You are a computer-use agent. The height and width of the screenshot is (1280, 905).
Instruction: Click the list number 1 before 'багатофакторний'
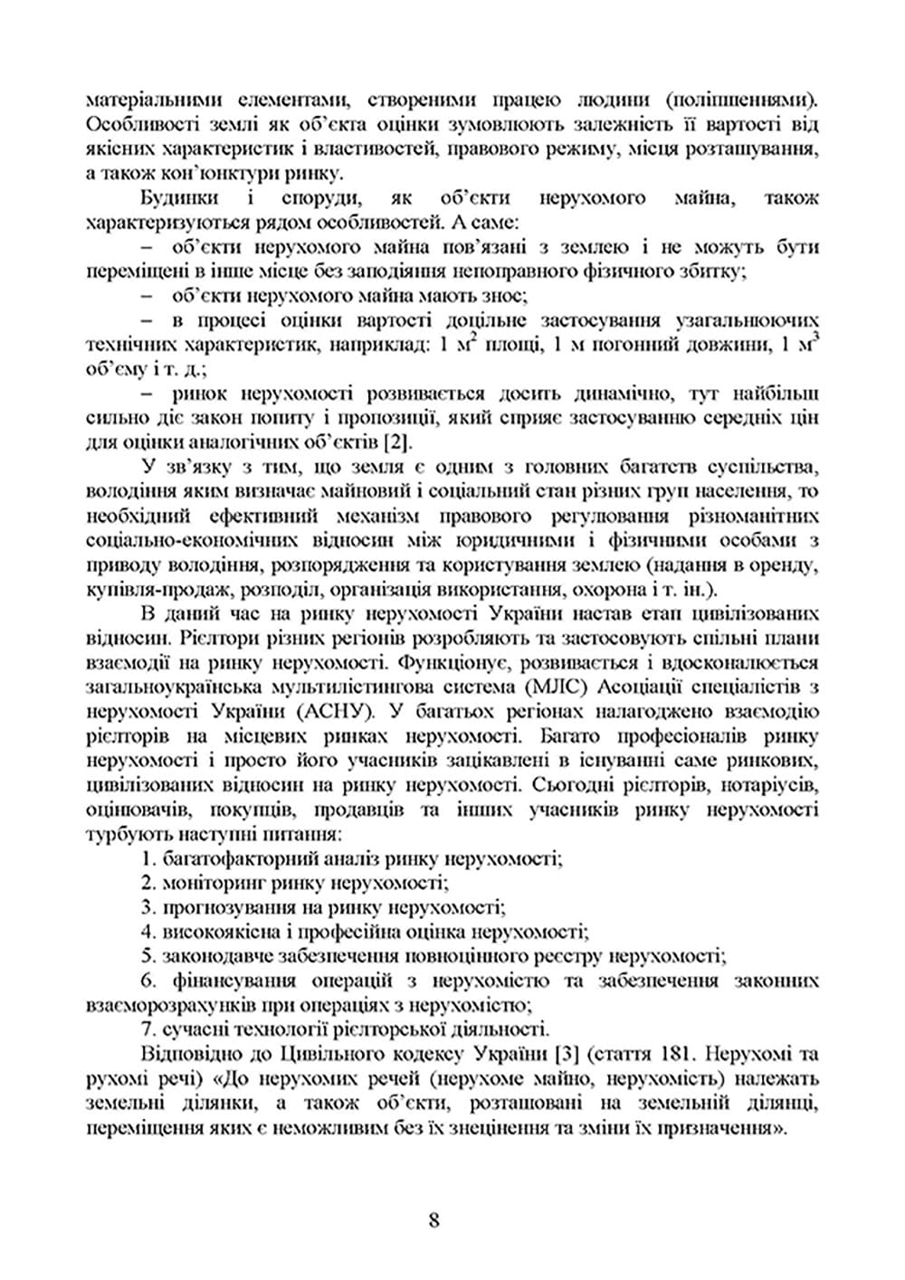tap(149, 858)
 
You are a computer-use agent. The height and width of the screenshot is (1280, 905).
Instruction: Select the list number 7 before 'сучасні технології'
tap(149, 1029)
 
